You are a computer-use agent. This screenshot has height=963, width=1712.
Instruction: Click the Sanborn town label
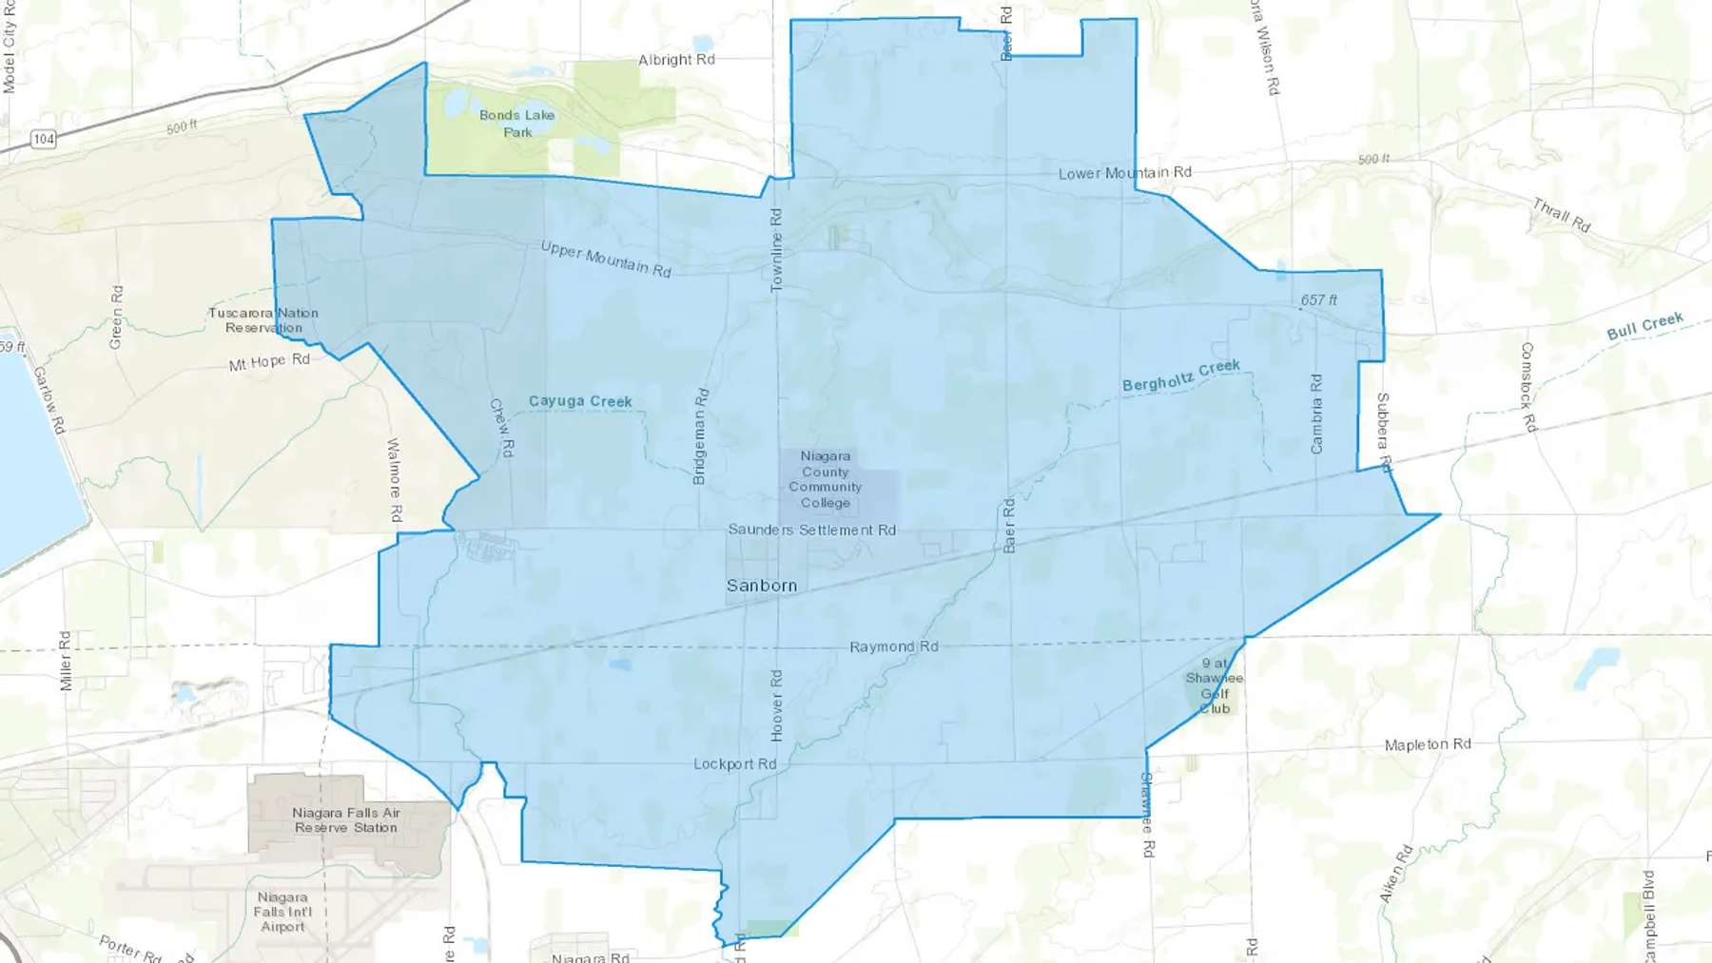click(x=762, y=586)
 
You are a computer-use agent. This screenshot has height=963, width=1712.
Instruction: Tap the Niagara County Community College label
click(x=825, y=479)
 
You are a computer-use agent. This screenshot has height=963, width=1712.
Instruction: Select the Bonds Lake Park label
click(x=517, y=124)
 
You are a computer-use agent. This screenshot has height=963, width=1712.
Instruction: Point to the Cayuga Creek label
click(x=580, y=401)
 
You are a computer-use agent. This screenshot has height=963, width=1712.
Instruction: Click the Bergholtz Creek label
click(x=1181, y=376)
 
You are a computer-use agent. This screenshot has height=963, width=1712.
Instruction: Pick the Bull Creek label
click(x=1644, y=326)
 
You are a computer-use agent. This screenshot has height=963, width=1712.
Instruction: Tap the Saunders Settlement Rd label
click(x=811, y=530)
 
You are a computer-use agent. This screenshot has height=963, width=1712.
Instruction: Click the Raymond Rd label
click(x=894, y=646)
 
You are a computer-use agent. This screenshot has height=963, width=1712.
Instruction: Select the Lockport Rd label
click(x=734, y=764)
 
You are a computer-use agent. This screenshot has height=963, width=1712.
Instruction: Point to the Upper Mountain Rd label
click(x=606, y=259)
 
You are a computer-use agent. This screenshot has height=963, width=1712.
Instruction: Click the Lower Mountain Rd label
click(x=1124, y=173)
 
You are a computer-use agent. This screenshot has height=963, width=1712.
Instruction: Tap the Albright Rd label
click(x=676, y=60)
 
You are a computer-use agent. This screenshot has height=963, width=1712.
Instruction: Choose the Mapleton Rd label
click(x=1428, y=744)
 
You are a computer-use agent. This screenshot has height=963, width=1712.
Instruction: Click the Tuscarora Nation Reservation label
click(x=263, y=320)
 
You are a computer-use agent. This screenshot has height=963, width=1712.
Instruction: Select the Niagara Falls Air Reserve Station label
click(x=346, y=820)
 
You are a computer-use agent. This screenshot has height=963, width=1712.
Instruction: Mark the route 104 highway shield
click(x=44, y=140)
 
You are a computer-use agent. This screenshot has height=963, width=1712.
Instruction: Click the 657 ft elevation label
click(x=1318, y=300)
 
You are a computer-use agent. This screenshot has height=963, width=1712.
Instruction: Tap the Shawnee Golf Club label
click(x=1215, y=686)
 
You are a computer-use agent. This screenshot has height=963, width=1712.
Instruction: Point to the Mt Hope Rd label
click(x=269, y=362)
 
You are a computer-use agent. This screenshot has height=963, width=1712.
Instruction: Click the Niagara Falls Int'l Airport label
click(x=282, y=912)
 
